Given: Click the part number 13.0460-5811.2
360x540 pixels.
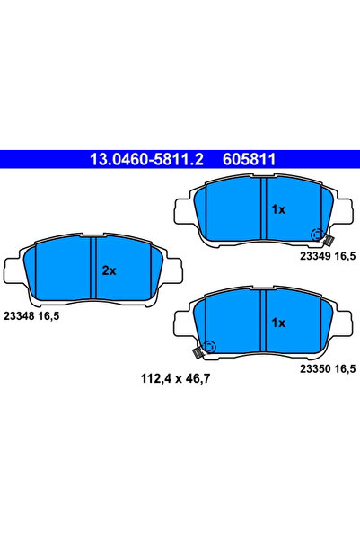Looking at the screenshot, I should coord(147,159).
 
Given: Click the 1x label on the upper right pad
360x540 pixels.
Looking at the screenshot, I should coord(277,209).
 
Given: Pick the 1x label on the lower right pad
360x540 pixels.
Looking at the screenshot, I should coord(277,322).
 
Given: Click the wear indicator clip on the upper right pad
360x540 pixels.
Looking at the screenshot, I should coord(328,240).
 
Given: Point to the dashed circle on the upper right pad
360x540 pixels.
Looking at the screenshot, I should coord(316,235).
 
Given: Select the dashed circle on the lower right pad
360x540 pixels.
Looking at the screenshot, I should coord(209,347).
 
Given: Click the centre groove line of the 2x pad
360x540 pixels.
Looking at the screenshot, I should coord(95,267).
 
